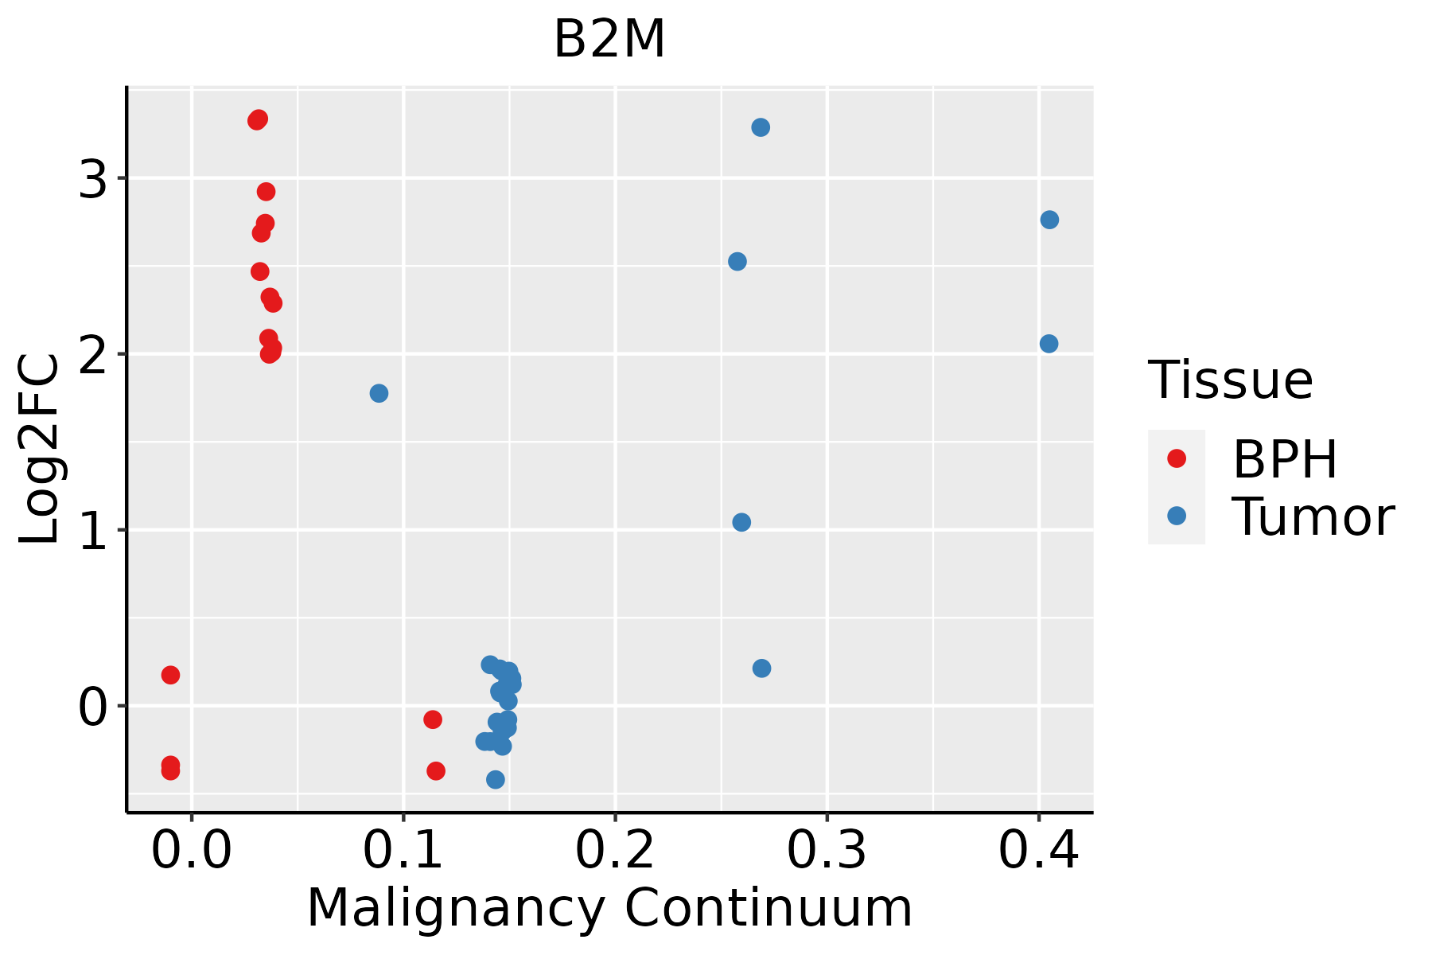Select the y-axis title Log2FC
40,450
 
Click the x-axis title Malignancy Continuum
609,908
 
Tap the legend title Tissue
1230,380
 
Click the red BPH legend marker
1176,458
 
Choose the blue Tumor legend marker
1176,516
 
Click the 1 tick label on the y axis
93,531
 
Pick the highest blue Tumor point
761,127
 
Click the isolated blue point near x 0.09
379,393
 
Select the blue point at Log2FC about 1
741,522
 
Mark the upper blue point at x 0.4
1049,220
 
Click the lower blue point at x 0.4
1049,344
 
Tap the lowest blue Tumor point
496,779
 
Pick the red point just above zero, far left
170,675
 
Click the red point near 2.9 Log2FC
266,192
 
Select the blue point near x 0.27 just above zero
761,668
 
